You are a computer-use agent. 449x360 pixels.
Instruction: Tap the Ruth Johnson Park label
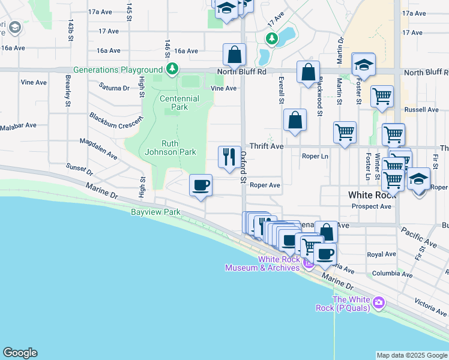[170, 148]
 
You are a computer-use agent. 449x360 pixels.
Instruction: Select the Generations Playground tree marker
[172, 70]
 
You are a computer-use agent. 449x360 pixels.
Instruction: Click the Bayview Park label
[156, 212]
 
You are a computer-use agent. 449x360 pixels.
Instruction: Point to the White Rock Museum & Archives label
[262, 263]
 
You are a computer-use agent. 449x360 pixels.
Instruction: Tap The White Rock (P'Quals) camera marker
[379, 302]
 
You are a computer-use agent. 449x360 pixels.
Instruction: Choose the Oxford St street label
[244, 167]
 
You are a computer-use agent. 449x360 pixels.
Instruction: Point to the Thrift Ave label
[267, 146]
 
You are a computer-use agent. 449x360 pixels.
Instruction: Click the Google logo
[20, 353]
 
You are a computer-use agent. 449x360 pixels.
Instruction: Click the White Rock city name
[370, 195]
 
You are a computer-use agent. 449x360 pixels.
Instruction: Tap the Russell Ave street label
[421, 110]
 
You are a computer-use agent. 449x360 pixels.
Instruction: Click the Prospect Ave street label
[372, 206]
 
